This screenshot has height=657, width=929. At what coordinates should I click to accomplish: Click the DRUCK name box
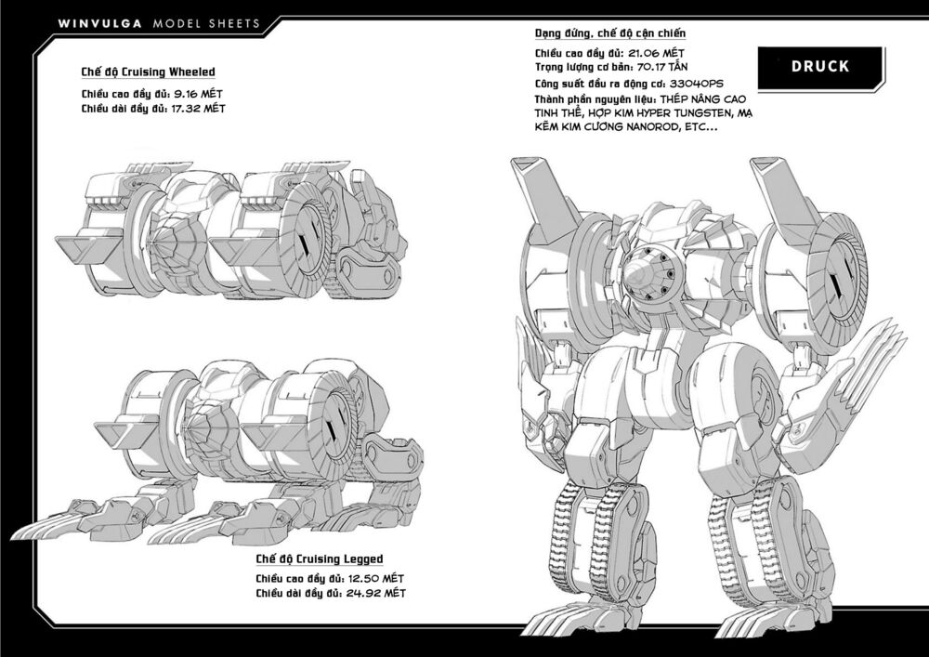click(x=820, y=66)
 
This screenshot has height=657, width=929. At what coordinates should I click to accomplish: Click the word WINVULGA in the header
click(x=100, y=24)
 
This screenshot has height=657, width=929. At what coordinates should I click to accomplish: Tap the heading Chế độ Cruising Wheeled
click(x=148, y=72)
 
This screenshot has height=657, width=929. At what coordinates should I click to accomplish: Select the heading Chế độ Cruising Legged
click(x=320, y=558)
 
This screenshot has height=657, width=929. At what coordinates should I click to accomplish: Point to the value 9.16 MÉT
click(x=199, y=94)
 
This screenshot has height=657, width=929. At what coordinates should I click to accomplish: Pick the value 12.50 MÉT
click(x=375, y=578)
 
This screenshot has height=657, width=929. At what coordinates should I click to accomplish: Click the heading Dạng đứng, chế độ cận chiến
click(x=610, y=33)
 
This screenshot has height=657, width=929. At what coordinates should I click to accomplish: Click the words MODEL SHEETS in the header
click(x=206, y=24)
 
